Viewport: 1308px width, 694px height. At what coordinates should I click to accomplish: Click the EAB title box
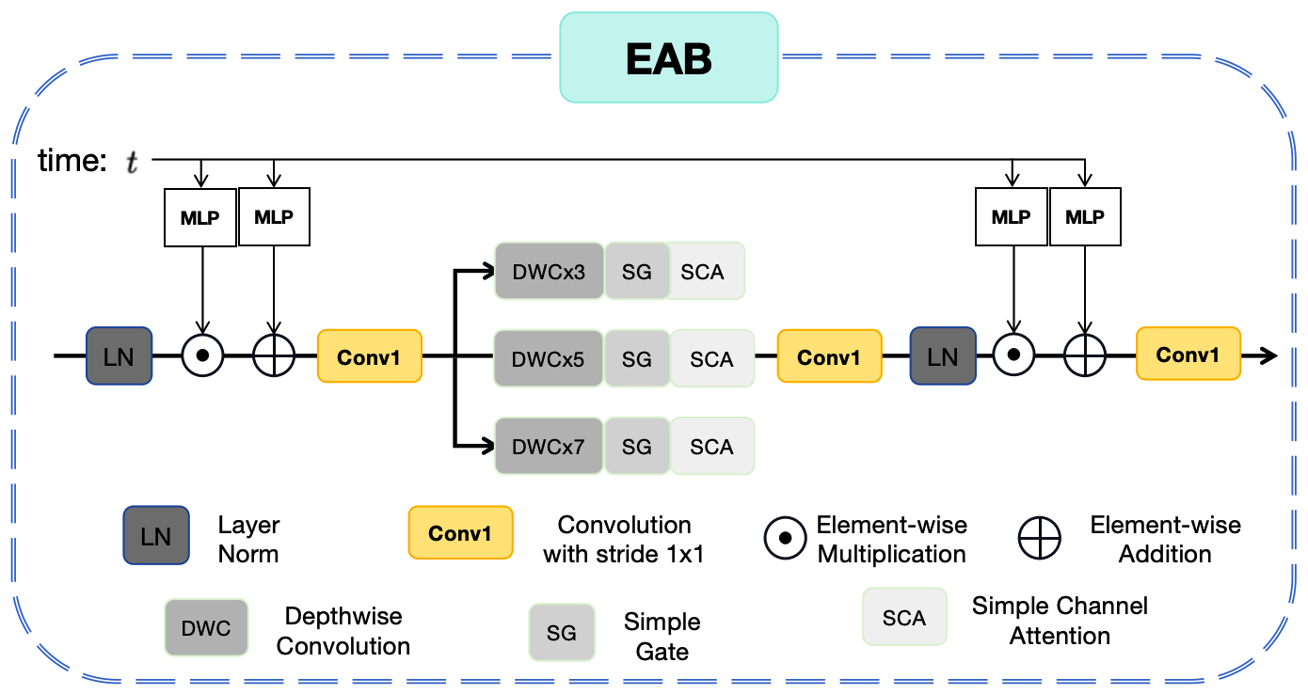coord(668,57)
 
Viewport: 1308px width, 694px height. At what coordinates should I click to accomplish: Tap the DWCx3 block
coord(549,272)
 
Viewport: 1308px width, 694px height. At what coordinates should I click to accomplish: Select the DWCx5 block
coord(549,358)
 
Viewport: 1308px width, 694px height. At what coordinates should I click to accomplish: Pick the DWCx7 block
coord(549,446)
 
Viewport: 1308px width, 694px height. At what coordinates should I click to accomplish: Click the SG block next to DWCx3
coord(636,272)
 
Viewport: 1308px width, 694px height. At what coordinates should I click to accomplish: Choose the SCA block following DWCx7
coord(711,446)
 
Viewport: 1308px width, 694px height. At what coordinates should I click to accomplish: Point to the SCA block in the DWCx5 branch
coord(711,358)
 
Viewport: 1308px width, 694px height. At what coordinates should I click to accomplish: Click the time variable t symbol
coord(132,163)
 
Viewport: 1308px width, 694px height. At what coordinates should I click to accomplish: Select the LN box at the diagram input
coord(119,356)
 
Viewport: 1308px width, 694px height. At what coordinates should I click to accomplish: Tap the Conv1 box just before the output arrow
coord(1188,355)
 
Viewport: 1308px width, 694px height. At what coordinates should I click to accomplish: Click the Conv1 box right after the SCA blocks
coord(829,356)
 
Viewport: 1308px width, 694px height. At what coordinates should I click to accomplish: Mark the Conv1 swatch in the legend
coord(460,534)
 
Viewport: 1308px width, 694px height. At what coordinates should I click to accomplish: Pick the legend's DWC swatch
coord(206,628)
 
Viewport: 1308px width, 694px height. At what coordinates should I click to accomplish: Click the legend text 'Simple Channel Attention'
coord(1060,621)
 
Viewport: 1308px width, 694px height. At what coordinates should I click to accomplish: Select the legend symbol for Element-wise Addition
coord(1039,539)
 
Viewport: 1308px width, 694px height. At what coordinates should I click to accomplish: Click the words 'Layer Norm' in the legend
coord(248,539)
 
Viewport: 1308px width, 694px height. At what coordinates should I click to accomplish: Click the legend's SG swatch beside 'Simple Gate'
coord(561,633)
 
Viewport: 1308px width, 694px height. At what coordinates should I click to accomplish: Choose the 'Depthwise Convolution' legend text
coord(343,631)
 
